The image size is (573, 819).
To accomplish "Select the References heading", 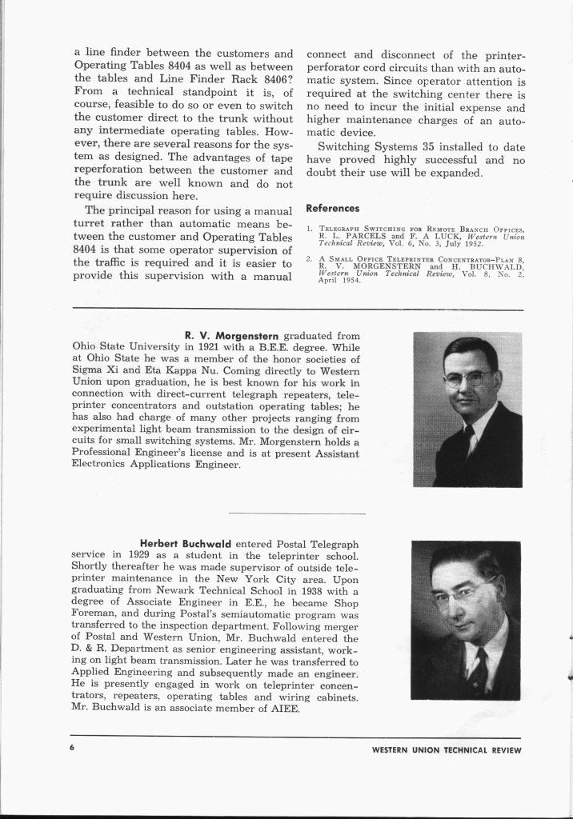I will (333, 208).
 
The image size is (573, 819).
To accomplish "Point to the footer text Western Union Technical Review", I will (447, 750).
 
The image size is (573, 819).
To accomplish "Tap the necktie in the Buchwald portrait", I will (480, 668).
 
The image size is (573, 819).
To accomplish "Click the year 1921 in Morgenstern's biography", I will (206, 347).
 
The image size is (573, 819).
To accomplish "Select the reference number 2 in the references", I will (309, 260).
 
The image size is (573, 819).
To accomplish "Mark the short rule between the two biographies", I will (297, 513).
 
